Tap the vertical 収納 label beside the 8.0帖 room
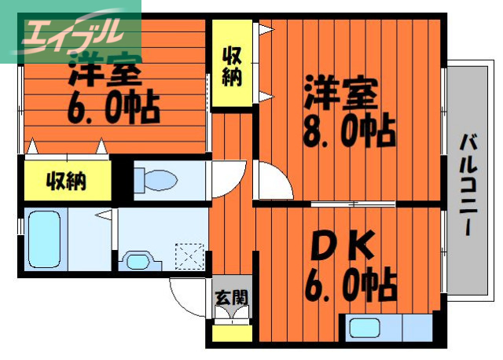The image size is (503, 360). point(231,67)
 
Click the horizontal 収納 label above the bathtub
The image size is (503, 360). point(66,182)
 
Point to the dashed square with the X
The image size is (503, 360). point(189,256)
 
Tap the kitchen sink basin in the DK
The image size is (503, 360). point(366,329)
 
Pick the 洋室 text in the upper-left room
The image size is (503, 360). point(105,72)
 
